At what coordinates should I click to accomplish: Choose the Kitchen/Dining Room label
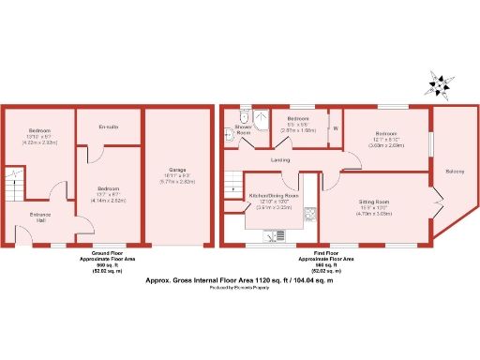coord(274,196)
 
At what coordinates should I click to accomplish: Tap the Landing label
coord(279,159)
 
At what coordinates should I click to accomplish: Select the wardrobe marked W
coord(335,128)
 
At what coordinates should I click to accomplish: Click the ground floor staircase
coord(13,179)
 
